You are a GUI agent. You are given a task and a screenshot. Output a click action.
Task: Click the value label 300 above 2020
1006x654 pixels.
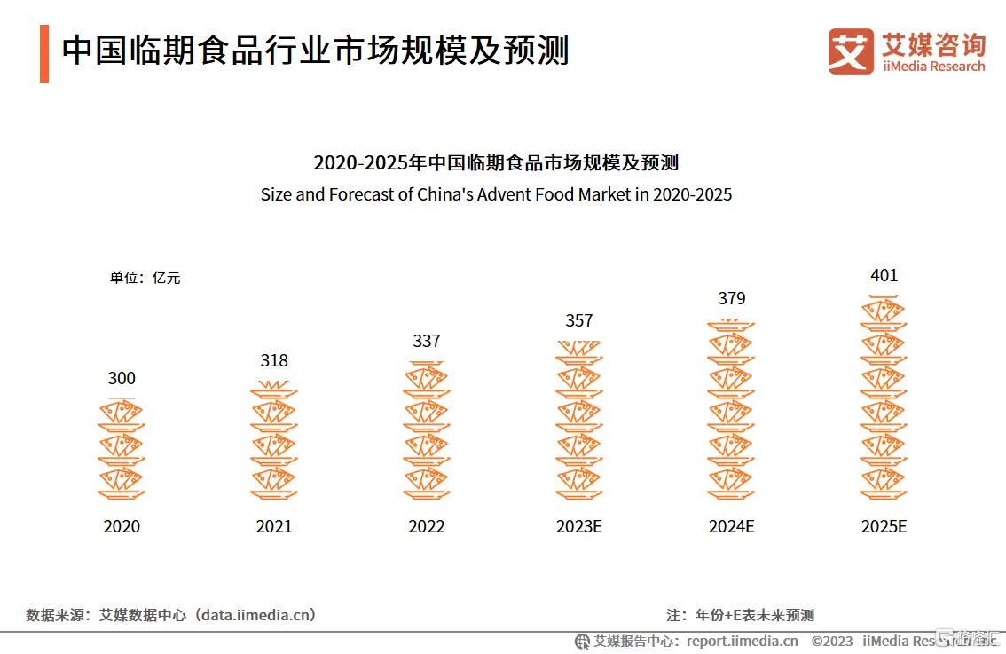[x=122, y=378]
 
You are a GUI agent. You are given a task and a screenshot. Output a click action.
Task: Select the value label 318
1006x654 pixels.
[x=274, y=360]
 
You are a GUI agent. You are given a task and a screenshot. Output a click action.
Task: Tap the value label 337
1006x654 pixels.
[x=427, y=341]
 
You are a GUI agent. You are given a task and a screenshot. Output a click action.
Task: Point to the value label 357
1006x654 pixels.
[x=579, y=320]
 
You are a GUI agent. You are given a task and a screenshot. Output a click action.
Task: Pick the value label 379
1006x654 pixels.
[x=732, y=298]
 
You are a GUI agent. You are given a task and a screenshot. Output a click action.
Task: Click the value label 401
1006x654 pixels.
[x=884, y=275]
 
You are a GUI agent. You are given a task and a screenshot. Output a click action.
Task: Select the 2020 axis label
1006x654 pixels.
[x=122, y=526]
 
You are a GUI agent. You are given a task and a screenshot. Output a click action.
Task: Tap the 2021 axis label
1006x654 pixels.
[x=274, y=526]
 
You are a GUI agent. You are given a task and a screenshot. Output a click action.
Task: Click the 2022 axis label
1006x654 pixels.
[x=427, y=526]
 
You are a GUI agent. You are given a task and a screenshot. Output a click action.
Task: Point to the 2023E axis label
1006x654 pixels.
[x=579, y=526]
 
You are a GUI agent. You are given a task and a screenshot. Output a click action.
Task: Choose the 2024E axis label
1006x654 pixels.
[x=732, y=526]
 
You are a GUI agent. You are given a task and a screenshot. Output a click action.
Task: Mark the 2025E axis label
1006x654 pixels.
[x=884, y=526]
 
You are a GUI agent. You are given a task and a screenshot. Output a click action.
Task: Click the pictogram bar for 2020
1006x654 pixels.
[x=122, y=450]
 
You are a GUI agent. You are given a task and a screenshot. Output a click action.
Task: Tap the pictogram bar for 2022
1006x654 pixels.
[x=427, y=431]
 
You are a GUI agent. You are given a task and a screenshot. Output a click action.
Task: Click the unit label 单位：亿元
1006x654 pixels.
[x=145, y=278]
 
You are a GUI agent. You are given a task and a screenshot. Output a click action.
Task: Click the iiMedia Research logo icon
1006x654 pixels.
[x=851, y=51]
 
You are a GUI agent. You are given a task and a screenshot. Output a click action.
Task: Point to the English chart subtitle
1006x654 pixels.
[x=496, y=194]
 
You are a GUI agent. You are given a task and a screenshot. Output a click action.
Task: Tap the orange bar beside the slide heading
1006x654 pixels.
[x=44, y=53]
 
